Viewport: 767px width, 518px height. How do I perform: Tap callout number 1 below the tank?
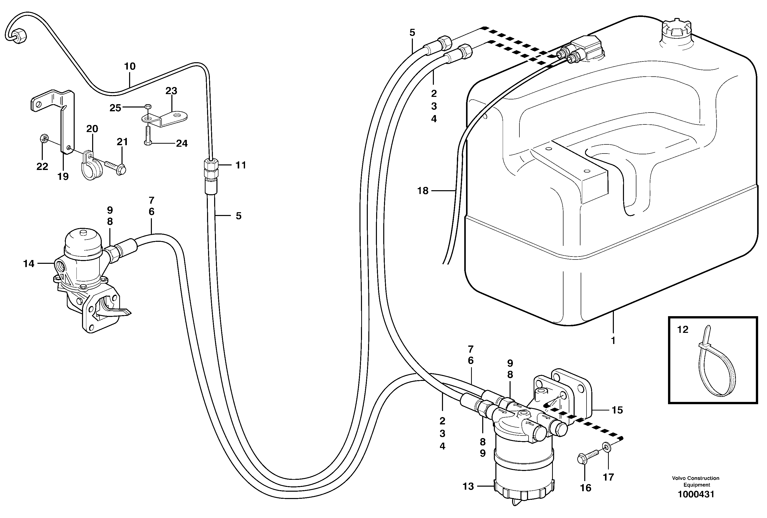(613, 341)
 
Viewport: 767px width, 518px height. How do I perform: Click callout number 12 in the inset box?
(683, 329)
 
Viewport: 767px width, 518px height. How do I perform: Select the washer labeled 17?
(606, 447)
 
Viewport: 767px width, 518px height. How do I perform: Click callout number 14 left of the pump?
(29, 264)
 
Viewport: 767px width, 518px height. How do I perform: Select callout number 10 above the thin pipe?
(130, 66)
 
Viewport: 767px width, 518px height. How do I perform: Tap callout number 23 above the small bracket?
(171, 91)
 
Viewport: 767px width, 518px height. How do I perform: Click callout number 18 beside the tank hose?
(423, 190)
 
